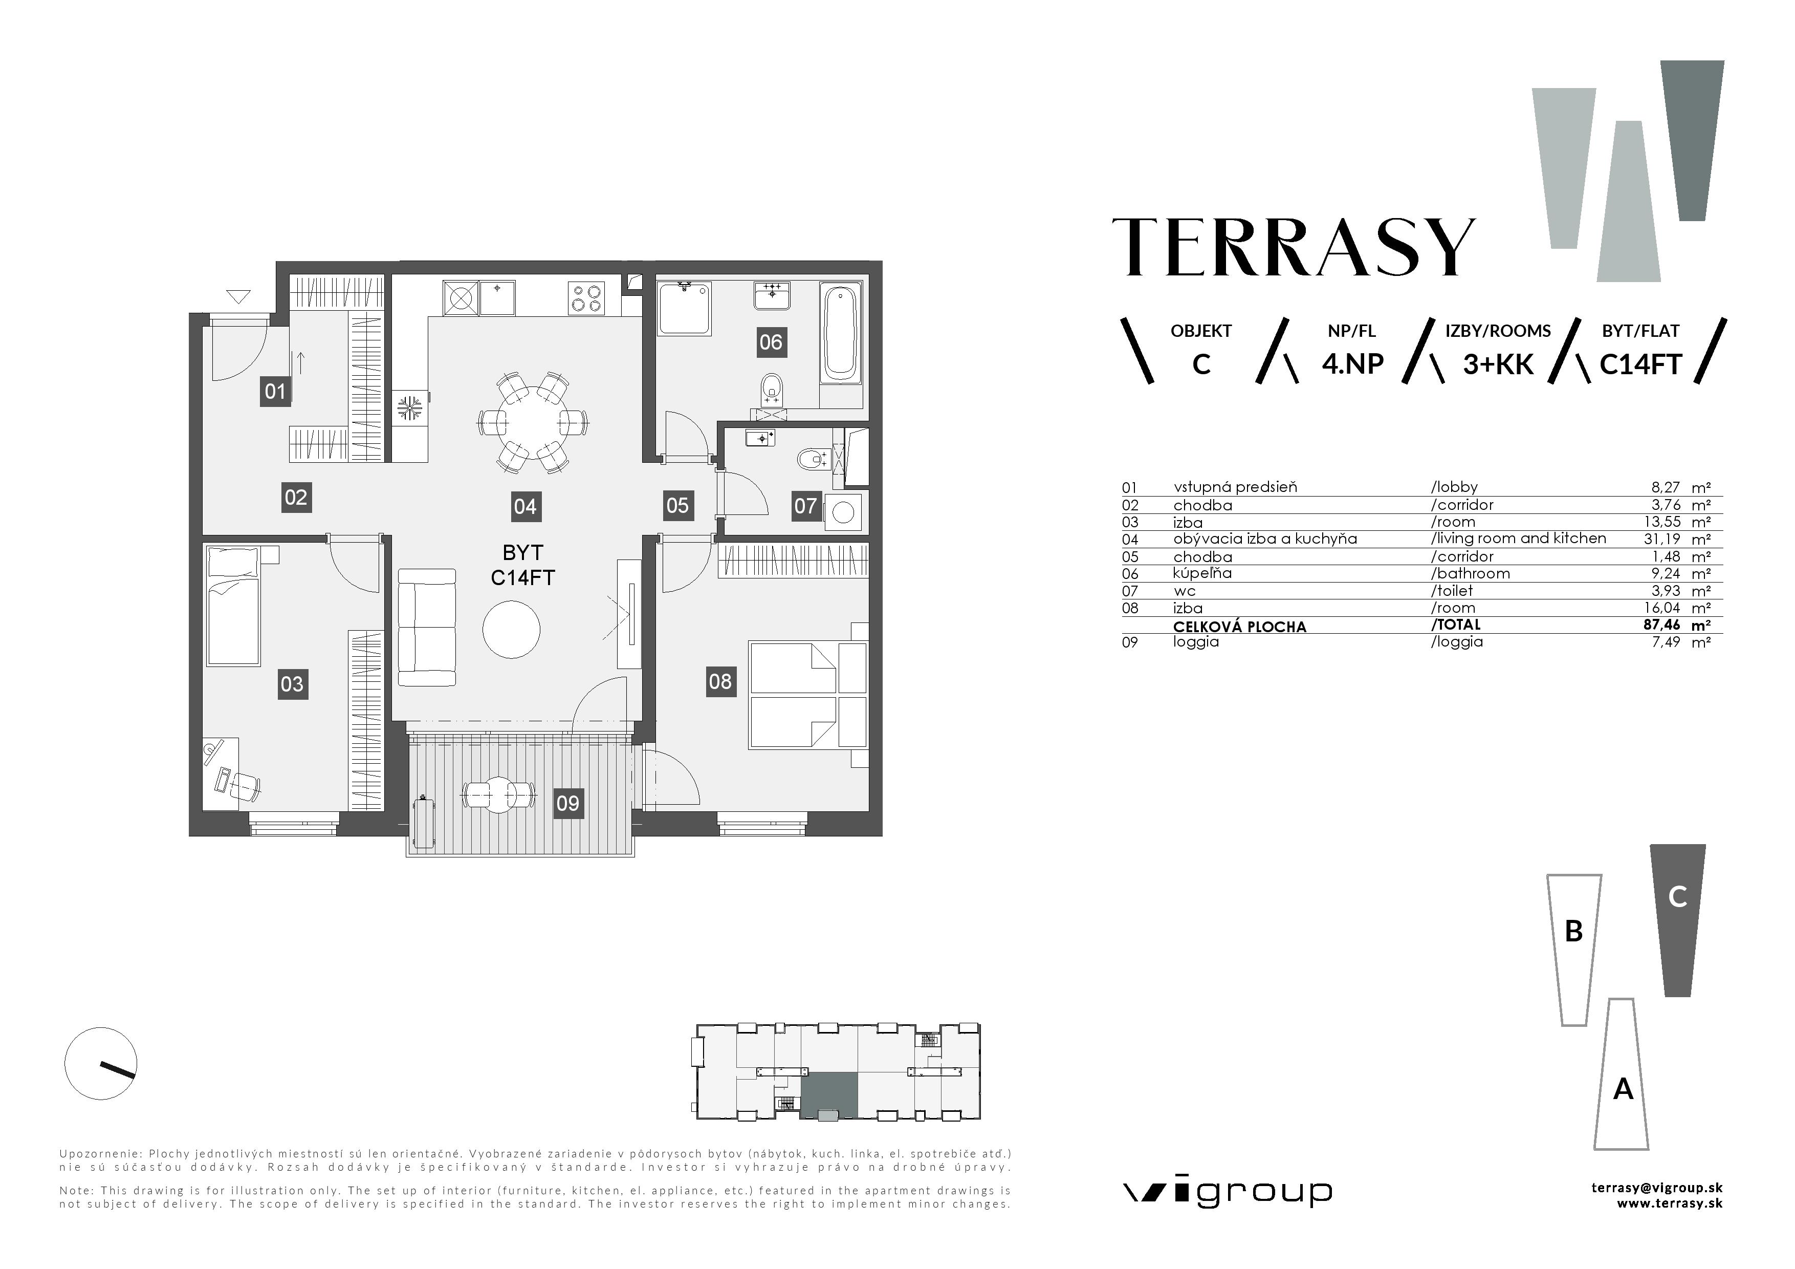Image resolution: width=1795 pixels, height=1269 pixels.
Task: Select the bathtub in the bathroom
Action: coord(840,333)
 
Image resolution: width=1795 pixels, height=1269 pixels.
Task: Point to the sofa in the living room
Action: coord(427,627)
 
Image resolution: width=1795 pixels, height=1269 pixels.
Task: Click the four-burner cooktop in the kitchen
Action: coord(587,298)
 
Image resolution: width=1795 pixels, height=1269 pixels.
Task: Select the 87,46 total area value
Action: coord(1663,625)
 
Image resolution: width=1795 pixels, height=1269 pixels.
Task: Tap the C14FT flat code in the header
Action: coord(1640,364)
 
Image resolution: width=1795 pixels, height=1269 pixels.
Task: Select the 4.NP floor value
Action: coord(1352,364)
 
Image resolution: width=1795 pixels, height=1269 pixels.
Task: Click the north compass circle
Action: coord(101,1063)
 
